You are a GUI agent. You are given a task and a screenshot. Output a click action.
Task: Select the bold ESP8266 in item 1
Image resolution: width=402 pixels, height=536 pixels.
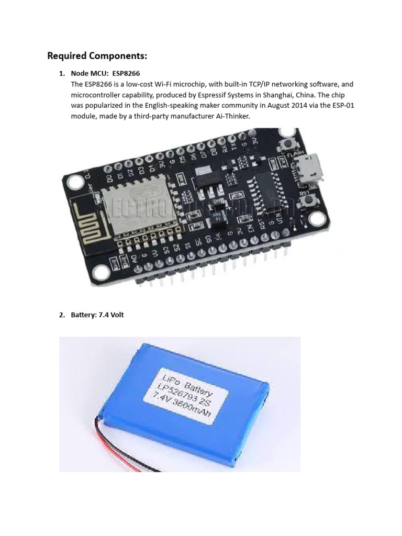tap(126, 73)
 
